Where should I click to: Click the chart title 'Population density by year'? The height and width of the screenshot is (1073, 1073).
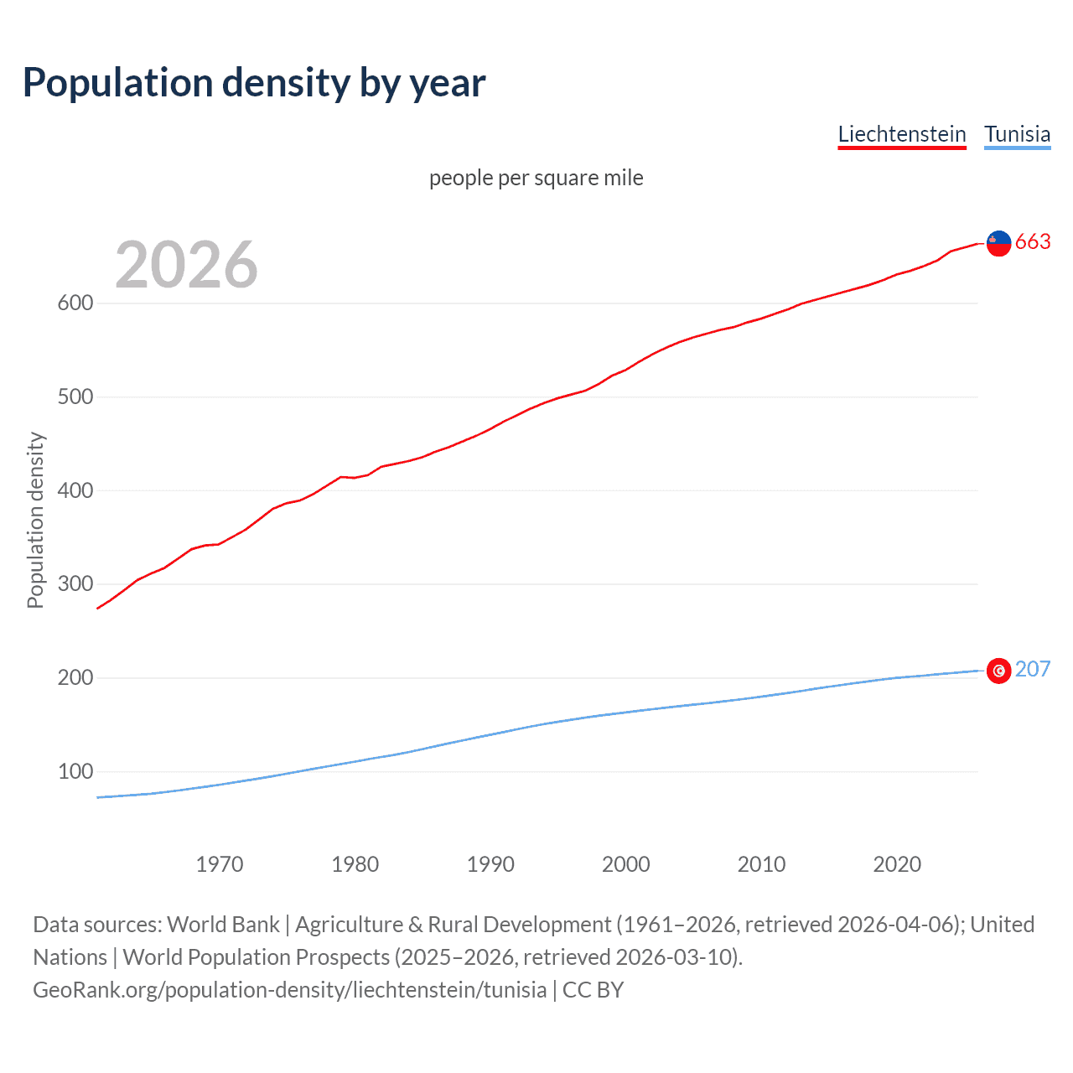click(x=254, y=83)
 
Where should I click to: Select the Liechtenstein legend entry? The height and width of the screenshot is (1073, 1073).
click(x=902, y=134)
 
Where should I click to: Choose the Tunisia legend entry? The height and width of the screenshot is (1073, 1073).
click(x=1017, y=134)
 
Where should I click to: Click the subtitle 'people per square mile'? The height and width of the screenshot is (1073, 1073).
click(x=536, y=178)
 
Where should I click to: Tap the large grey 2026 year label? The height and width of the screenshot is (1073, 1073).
click(x=186, y=265)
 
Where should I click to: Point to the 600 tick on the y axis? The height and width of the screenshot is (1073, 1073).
click(x=75, y=303)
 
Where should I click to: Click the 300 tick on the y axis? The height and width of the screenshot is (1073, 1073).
click(x=75, y=584)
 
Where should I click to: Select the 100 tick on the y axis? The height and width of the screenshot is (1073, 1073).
click(x=75, y=771)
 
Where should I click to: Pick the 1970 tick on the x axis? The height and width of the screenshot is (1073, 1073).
click(x=220, y=864)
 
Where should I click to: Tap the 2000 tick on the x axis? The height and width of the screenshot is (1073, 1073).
click(x=626, y=864)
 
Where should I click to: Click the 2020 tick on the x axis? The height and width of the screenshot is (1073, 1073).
click(x=897, y=864)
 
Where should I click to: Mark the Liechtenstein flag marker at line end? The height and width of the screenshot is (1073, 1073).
click(x=998, y=243)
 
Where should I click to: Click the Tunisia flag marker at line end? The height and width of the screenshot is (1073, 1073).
click(x=998, y=671)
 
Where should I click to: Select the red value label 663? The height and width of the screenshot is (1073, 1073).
click(x=1033, y=241)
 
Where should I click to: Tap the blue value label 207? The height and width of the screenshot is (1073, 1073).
click(x=1033, y=669)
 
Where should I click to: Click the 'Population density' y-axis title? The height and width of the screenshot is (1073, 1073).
click(x=35, y=520)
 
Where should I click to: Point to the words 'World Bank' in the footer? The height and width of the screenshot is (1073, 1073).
click(x=223, y=924)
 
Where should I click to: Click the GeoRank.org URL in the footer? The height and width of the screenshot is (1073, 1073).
click(x=289, y=989)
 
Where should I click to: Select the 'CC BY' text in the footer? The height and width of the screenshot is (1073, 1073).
click(x=593, y=989)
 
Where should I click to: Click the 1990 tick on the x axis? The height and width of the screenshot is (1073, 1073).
click(x=490, y=864)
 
